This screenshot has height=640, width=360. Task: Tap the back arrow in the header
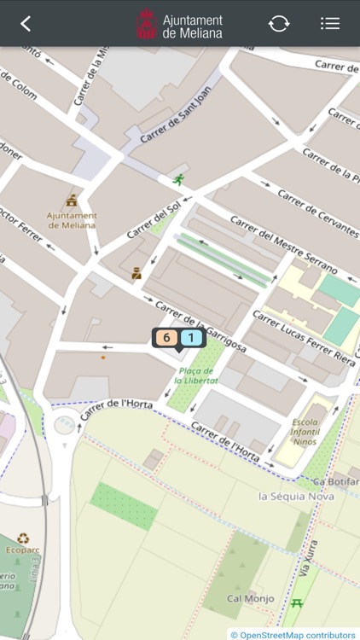[26, 24]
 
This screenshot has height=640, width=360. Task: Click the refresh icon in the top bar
[279, 24]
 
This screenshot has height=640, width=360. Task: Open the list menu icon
[330, 24]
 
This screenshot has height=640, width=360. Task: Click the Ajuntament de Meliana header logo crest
[147, 24]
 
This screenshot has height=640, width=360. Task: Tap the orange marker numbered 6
[165, 338]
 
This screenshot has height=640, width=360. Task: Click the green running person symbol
[178, 179]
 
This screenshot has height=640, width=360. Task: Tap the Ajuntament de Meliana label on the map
[73, 220]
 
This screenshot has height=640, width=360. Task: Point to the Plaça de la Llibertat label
[198, 375]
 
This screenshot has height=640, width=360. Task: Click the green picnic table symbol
[297, 604]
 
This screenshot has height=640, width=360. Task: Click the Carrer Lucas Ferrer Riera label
[303, 333]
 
